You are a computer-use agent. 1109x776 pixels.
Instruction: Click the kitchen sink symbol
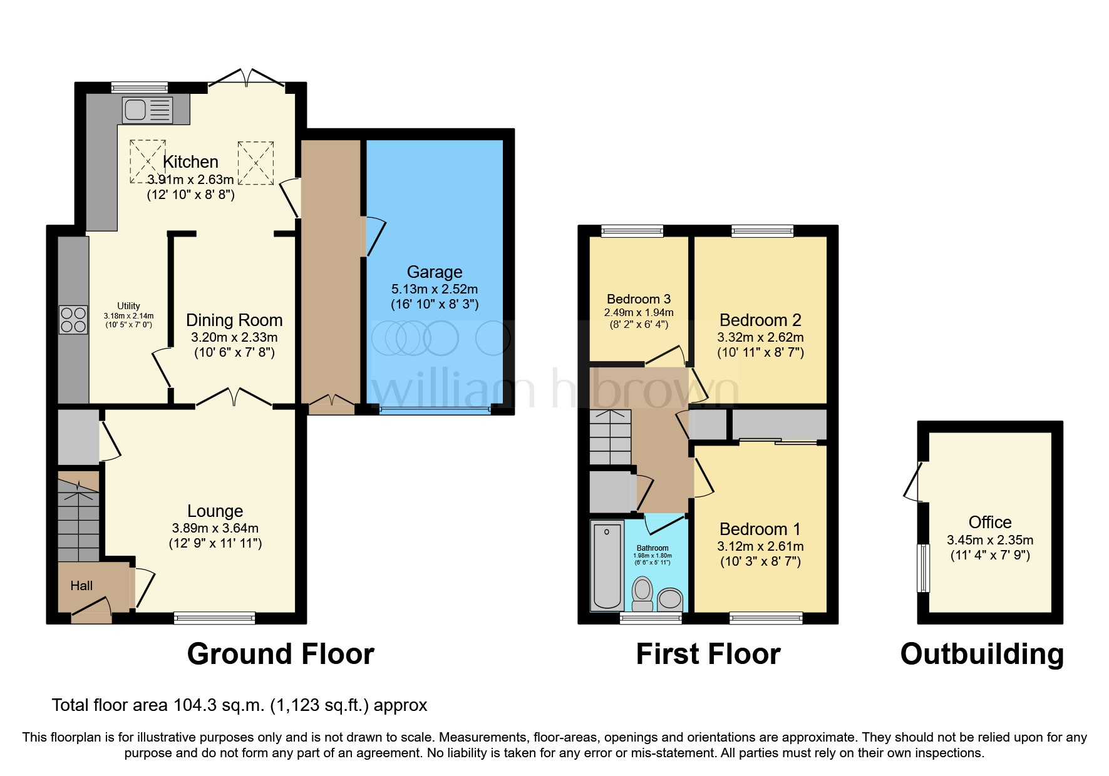147,110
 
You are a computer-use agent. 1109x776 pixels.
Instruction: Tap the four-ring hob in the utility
73,320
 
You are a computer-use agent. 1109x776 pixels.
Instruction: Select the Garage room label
435,272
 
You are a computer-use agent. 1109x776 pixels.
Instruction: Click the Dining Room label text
234,320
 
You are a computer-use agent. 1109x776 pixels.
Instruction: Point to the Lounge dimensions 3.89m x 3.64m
215,528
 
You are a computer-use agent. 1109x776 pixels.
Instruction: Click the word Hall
81,586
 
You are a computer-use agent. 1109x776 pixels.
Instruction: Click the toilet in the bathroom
642,593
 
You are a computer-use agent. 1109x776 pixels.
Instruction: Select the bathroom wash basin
670,599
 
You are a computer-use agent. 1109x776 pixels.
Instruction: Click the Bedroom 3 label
639,299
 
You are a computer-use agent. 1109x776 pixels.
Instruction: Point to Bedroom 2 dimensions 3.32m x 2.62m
760,337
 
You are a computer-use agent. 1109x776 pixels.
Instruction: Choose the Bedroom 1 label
760,529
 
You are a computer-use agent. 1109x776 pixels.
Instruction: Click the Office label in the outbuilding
990,522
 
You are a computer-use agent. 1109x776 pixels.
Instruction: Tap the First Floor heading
708,655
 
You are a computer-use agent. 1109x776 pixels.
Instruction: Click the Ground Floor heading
281,655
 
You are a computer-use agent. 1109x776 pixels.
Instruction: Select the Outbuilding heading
982,655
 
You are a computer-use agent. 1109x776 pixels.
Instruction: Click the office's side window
923,568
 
